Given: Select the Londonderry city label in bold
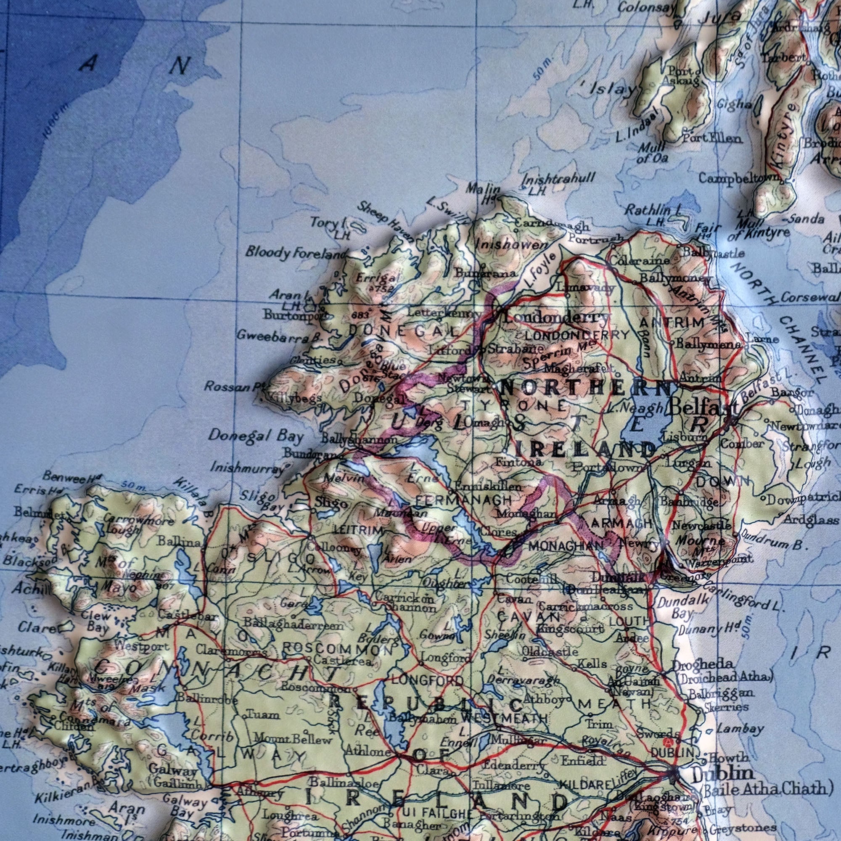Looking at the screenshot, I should pyautogui.click(x=556, y=317).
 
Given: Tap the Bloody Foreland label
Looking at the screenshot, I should pyautogui.click(x=296, y=252).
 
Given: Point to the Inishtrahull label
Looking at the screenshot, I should pyautogui.click(x=558, y=178).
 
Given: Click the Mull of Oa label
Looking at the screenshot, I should pyautogui.click(x=652, y=152).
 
